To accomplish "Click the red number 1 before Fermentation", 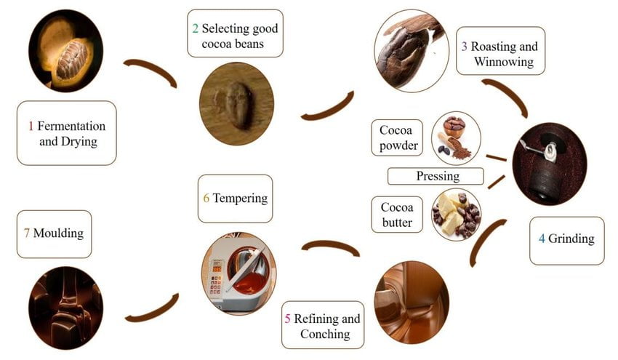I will (31, 126).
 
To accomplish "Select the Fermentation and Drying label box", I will (67, 132).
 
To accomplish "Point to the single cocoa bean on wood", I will (237, 103).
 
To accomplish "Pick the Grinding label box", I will (566, 239).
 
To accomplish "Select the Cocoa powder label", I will (398, 138).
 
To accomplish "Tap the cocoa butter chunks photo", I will (456, 215).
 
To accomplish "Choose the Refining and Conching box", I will (321, 325).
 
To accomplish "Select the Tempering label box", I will (235, 198).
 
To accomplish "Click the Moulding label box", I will (54, 233).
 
